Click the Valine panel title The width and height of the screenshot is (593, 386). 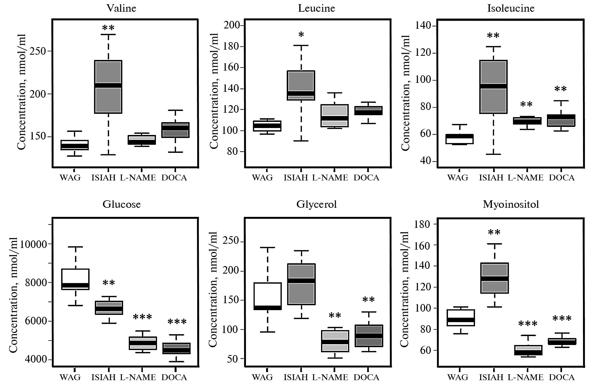click(x=121, y=8)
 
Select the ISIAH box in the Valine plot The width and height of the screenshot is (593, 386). click(x=108, y=87)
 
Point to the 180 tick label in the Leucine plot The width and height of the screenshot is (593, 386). click(x=232, y=46)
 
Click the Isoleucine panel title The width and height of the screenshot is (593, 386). click(x=511, y=8)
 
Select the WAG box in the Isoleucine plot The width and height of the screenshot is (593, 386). click(x=459, y=139)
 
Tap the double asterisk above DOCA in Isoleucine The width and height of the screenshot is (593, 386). click(x=561, y=90)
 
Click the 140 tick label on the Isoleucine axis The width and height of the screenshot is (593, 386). click(x=423, y=26)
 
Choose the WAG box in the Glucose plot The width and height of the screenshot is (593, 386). click(x=75, y=279)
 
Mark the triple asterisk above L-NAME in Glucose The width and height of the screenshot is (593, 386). click(x=142, y=317)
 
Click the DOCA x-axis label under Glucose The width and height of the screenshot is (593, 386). click(x=174, y=377)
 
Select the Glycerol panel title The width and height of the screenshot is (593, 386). click(x=317, y=204)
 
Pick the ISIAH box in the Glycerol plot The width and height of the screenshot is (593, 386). click(x=301, y=284)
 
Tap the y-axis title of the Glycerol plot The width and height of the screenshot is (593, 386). click(x=213, y=289)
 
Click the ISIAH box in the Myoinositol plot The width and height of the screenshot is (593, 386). click(x=494, y=278)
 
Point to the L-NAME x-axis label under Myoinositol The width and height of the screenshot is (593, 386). click(x=525, y=377)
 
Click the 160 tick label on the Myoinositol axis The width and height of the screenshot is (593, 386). click(x=423, y=245)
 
